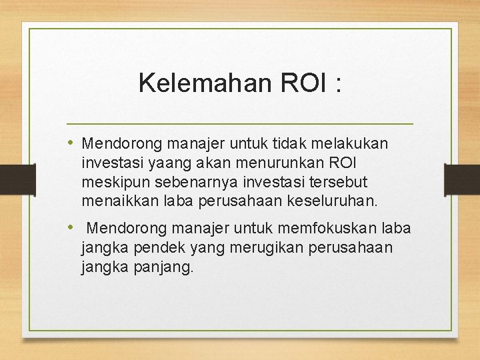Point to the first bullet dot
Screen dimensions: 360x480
pos(72,143)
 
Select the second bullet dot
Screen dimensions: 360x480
pos(72,228)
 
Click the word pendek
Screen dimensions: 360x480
pos(147,248)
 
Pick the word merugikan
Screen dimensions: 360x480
pos(246,248)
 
